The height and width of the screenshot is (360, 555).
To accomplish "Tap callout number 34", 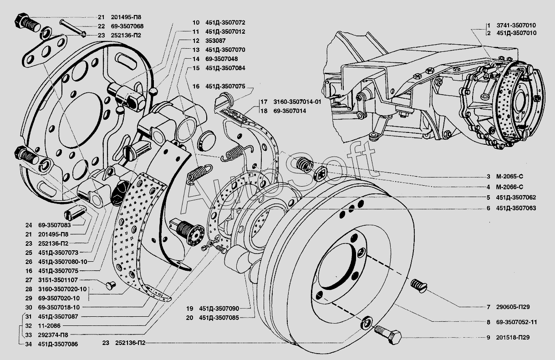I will point(28,344).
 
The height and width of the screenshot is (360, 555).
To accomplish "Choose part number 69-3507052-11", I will point(517,322).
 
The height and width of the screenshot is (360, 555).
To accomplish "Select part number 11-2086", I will point(50,326).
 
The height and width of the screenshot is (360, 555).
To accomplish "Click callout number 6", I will point(488,208).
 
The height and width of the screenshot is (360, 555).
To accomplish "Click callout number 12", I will point(196,41).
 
